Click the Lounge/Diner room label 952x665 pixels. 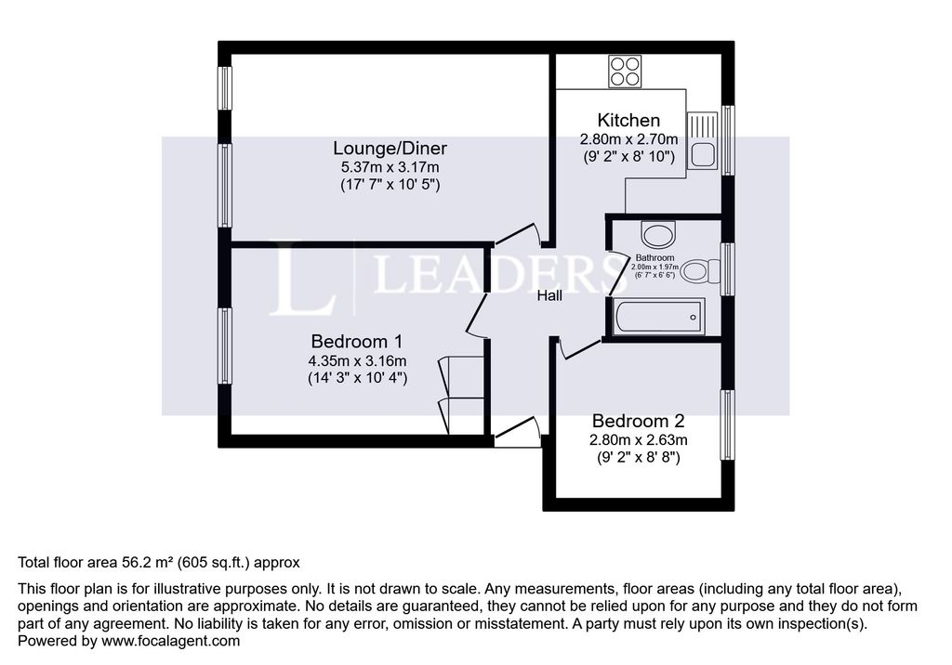(x=390, y=148)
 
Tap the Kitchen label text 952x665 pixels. (x=628, y=120)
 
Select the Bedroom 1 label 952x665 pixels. (x=357, y=341)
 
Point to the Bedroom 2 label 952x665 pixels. (x=638, y=421)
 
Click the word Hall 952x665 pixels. (x=549, y=295)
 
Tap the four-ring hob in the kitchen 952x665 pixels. (x=625, y=72)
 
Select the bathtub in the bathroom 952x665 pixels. (x=659, y=316)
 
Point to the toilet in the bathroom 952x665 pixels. (x=699, y=271)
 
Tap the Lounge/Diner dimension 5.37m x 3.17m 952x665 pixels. (x=390, y=167)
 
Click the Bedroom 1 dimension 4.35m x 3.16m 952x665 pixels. (x=357, y=361)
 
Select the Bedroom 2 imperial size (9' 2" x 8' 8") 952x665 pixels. (x=638, y=457)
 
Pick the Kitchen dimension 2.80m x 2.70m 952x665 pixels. (x=628, y=139)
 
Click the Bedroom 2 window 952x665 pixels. (x=727, y=424)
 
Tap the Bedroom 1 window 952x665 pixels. (x=225, y=346)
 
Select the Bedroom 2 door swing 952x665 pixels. (x=580, y=348)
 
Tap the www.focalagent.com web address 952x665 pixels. (x=171, y=641)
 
